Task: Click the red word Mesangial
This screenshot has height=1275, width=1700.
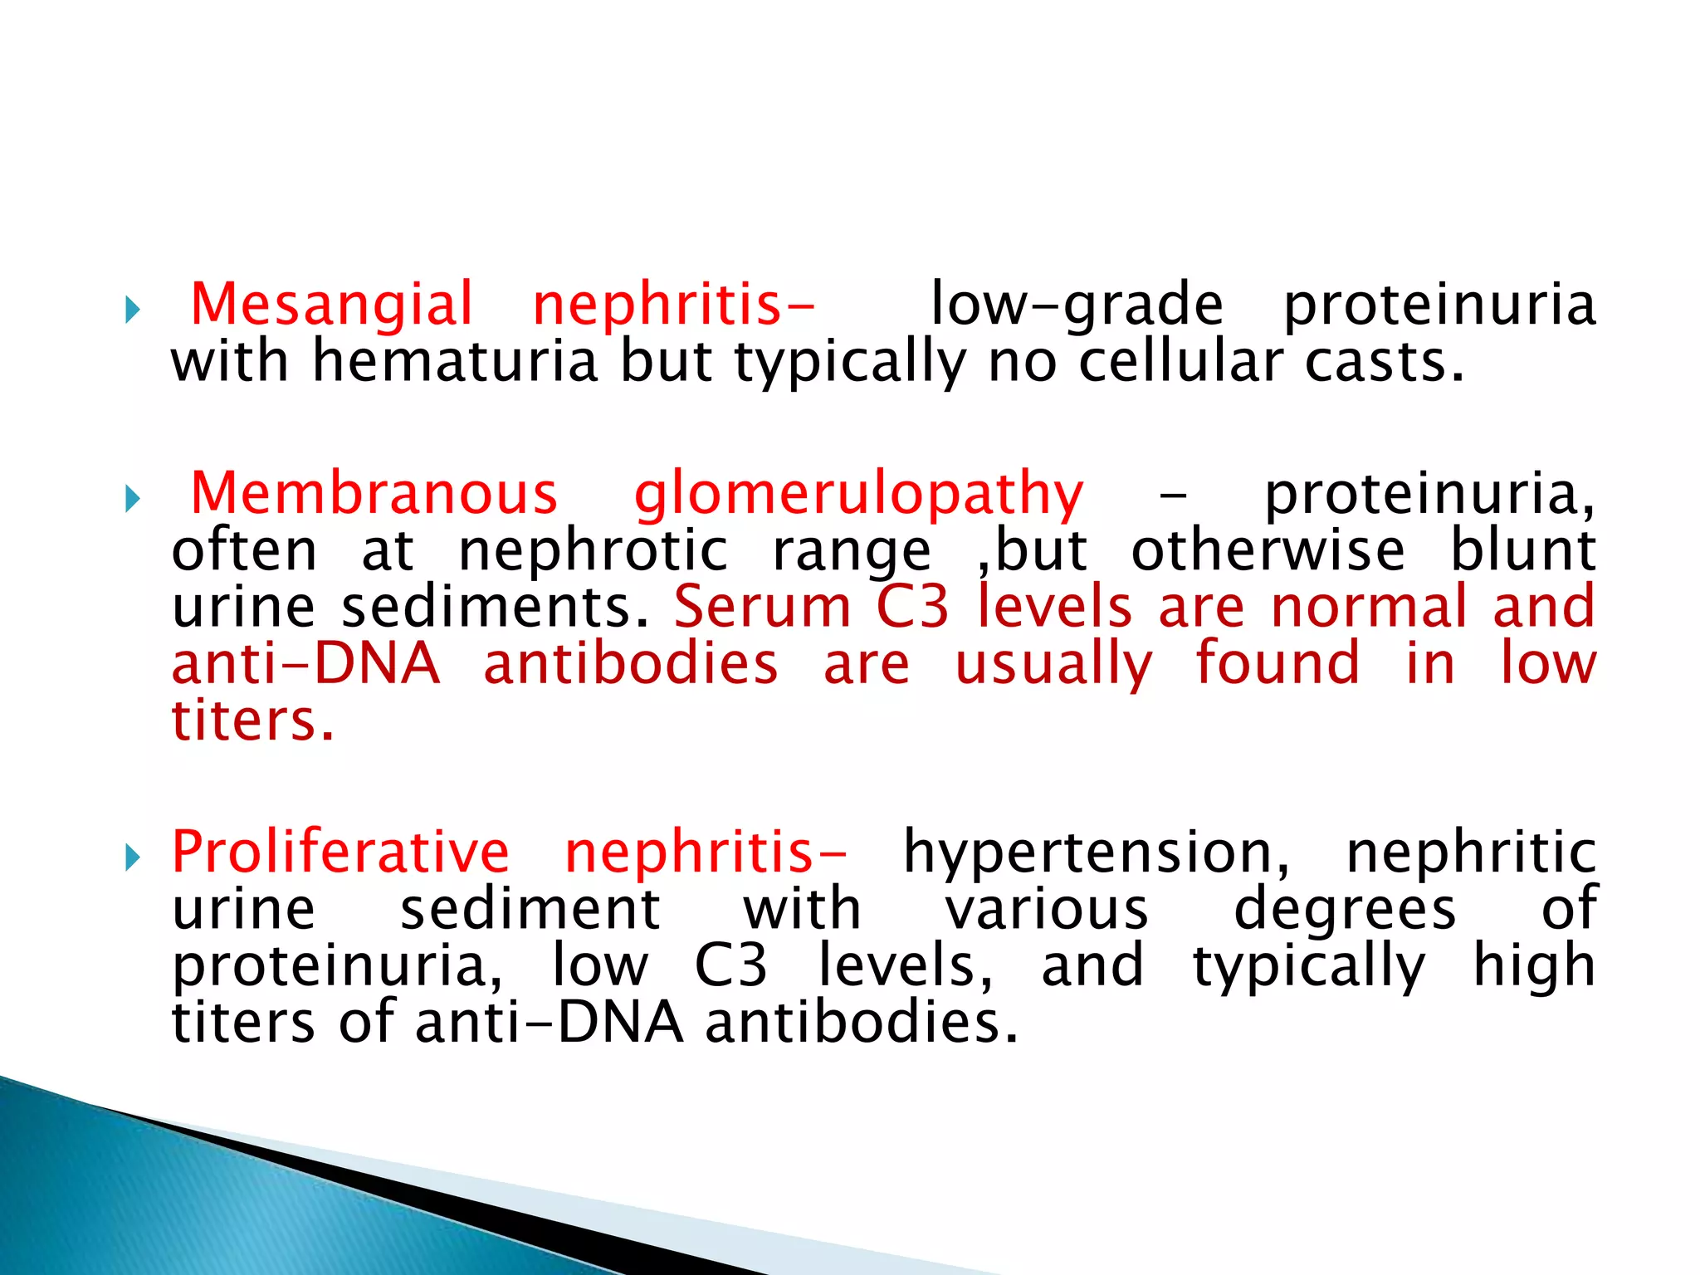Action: [331, 305]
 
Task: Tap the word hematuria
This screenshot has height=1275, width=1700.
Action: [454, 362]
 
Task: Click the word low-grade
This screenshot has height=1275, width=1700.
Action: [1077, 305]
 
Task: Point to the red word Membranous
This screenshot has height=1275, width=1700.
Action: [374, 493]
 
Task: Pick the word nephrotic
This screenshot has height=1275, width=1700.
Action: [593, 550]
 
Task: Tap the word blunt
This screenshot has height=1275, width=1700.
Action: [1522, 550]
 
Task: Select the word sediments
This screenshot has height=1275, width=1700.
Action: [496, 607]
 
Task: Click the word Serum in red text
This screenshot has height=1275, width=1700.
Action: [763, 607]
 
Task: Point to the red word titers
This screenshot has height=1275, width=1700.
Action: [252, 720]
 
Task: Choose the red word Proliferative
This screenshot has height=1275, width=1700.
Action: [340, 852]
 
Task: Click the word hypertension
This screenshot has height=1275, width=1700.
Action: [1097, 853]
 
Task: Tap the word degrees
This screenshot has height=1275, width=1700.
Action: [1345, 910]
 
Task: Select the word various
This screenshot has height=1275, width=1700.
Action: [1047, 909]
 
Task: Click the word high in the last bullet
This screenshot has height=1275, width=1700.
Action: [1534, 966]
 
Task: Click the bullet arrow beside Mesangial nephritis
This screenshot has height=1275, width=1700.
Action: [132, 310]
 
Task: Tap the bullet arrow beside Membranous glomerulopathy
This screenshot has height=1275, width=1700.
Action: [132, 499]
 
